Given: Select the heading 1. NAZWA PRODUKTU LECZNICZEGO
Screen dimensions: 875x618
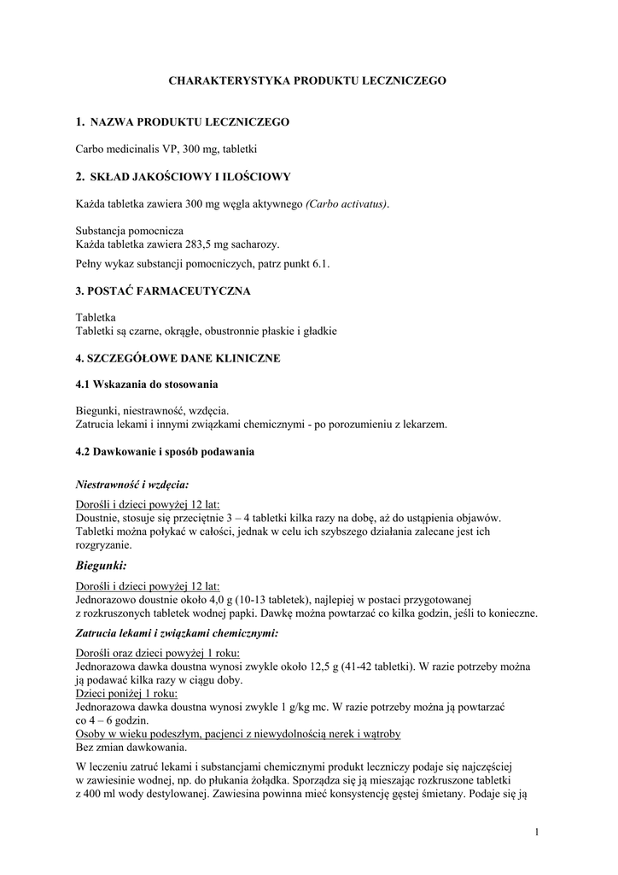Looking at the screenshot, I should [x=183, y=122].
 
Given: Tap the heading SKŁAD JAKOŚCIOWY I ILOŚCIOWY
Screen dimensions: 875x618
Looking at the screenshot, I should [x=190, y=177].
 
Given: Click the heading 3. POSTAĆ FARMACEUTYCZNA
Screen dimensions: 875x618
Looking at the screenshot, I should [x=163, y=291].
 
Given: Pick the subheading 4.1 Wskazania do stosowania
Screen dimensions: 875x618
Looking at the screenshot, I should [x=147, y=385].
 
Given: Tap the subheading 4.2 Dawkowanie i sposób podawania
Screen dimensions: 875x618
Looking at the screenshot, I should [x=165, y=451].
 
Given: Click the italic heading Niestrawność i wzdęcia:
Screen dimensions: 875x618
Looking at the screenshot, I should [x=126, y=484].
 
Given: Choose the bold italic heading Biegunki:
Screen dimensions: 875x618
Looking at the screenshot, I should [x=102, y=566].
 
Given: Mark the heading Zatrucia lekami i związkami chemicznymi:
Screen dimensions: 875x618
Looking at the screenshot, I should [x=177, y=633].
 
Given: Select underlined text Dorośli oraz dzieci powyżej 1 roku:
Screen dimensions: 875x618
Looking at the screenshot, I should [x=158, y=653].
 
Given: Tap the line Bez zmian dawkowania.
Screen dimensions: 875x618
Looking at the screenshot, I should [x=131, y=748].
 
